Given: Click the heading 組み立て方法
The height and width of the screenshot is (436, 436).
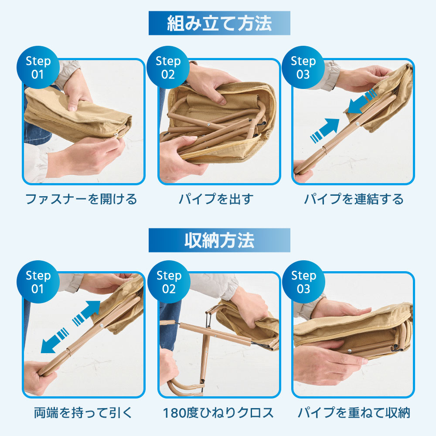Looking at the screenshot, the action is pyautogui.click(x=219, y=24).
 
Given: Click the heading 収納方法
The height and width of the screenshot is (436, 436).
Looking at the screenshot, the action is pyautogui.click(x=219, y=241).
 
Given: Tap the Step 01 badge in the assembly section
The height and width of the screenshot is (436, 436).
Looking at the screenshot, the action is pyautogui.click(x=38, y=67).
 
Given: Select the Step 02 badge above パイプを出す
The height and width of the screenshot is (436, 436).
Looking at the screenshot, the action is pyautogui.click(x=168, y=67).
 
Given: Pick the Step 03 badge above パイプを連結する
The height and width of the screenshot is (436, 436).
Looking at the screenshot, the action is pyautogui.click(x=303, y=67).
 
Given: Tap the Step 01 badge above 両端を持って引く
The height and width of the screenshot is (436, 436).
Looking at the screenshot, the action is pyautogui.click(x=38, y=282).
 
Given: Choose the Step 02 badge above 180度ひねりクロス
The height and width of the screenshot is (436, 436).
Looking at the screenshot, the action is pyautogui.click(x=169, y=282).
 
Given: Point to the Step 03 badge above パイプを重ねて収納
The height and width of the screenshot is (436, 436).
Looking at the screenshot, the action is pyautogui.click(x=303, y=282).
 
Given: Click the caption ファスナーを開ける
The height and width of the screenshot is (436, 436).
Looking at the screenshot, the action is pyautogui.click(x=81, y=199).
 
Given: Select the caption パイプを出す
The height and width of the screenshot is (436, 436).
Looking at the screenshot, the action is pyautogui.click(x=216, y=199).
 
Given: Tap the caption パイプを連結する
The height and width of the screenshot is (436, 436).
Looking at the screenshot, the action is pyautogui.click(x=354, y=199).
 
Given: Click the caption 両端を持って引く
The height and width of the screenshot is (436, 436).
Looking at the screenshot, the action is pyautogui.click(x=83, y=412).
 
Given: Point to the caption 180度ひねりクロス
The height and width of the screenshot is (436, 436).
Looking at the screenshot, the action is pyautogui.click(x=218, y=412).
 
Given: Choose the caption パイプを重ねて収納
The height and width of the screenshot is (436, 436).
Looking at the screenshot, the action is pyautogui.click(x=354, y=412).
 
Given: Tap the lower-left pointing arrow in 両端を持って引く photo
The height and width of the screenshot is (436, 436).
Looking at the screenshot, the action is pyautogui.click(x=55, y=341).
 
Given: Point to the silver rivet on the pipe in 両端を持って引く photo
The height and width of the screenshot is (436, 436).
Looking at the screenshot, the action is pyautogui.click(x=101, y=326).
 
